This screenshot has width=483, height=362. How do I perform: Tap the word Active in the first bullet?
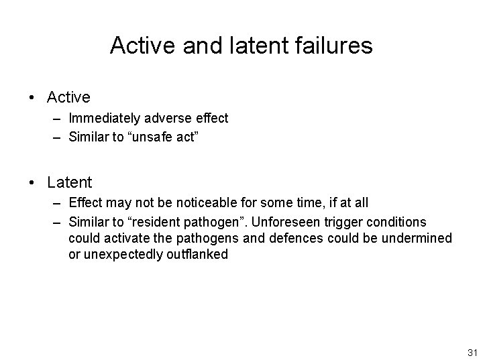point(68,97)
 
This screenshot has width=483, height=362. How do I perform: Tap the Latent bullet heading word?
point(70,182)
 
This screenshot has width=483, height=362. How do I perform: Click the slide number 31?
point(471,352)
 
